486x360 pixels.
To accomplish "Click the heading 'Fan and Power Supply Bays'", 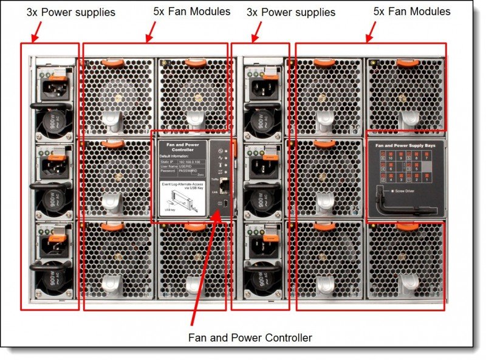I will (x=406, y=146).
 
